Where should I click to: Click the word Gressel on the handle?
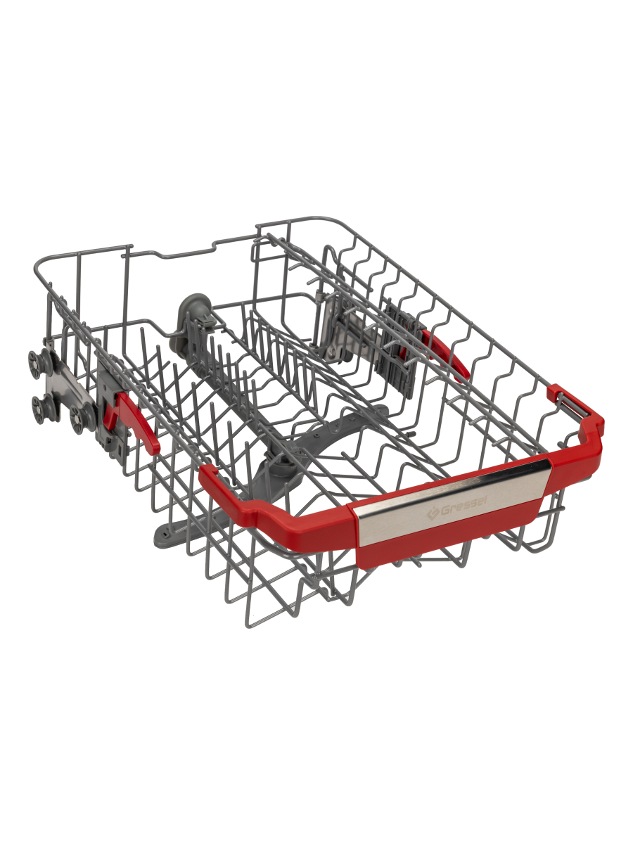459,508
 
